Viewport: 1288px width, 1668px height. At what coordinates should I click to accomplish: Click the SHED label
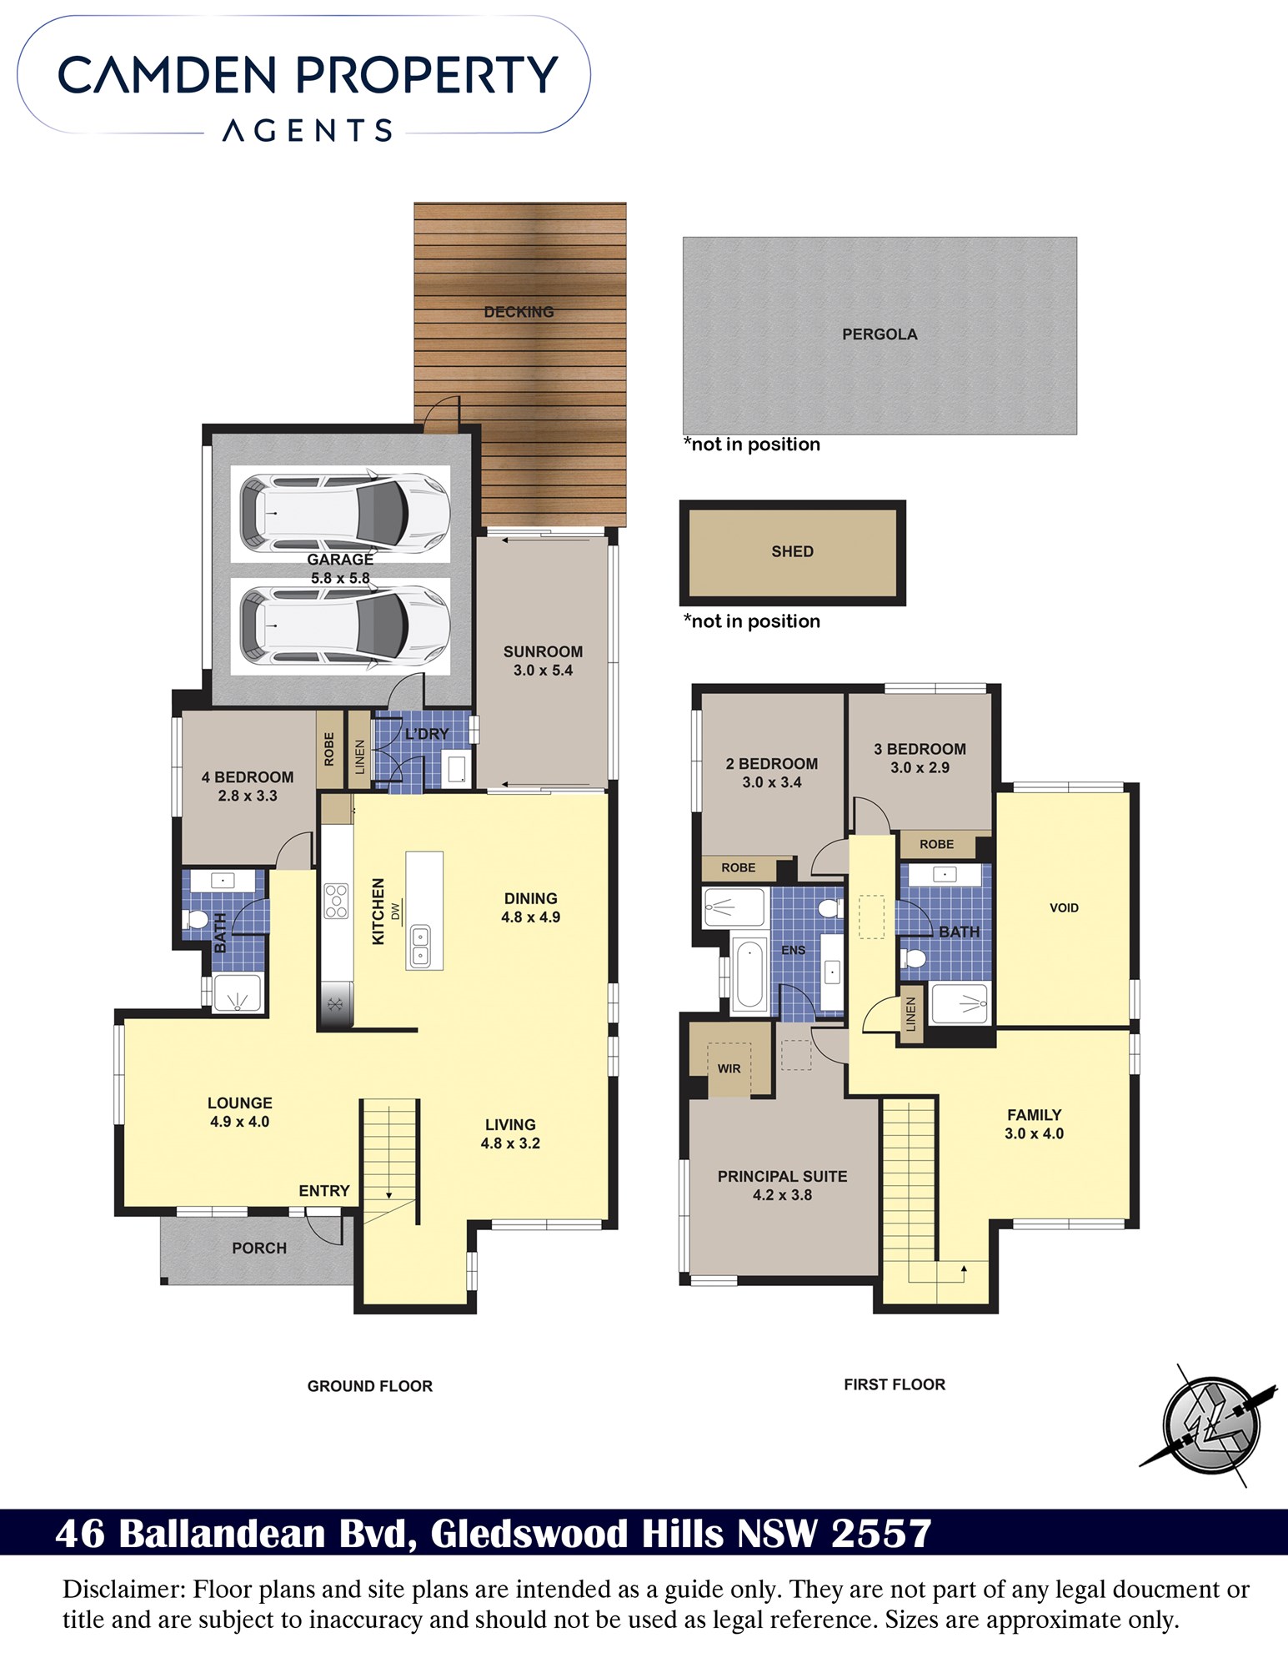click(792, 551)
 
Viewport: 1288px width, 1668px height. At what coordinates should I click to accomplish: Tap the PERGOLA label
click(880, 334)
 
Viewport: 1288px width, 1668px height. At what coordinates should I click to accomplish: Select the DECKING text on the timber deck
click(519, 312)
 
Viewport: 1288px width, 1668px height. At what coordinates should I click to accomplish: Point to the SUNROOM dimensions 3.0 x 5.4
click(543, 671)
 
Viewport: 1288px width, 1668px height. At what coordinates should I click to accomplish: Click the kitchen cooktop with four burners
click(336, 902)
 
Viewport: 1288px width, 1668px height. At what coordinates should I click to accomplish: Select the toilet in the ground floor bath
click(198, 919)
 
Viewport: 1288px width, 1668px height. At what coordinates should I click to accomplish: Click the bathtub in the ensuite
click(749, 973)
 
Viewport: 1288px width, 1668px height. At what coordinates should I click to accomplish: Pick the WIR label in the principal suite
click(729, 1068)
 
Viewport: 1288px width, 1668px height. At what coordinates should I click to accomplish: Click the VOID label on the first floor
click(1064, 907)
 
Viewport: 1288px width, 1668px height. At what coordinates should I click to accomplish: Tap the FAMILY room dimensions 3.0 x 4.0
click(1034, 1133)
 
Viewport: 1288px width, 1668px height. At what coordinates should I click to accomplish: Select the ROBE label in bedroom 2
click(738, 867)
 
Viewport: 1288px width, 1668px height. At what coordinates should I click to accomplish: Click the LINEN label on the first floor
click(910, 1014)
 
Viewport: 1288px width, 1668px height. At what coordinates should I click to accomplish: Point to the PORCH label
click(259, 1248)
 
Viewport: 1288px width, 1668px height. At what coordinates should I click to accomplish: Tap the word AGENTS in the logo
click(308, 131)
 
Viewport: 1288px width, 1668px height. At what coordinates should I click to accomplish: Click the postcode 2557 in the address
click(882, 1534)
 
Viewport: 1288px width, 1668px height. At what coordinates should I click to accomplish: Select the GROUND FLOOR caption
click(370, 1386)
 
